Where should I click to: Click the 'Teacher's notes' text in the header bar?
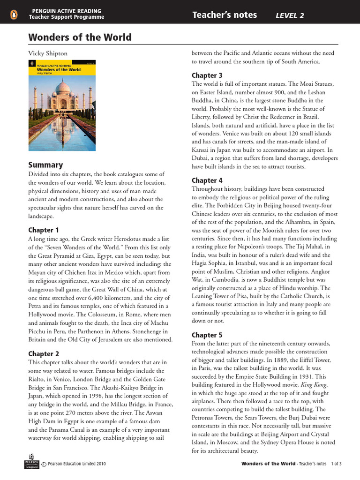tap(225, 15)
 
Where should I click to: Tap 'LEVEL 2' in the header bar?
tap(290, 15)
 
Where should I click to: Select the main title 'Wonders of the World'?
tap(80, 37)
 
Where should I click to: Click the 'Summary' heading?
tap(45, 165)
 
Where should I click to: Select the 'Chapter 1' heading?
tap(44, 230)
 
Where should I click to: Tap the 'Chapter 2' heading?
tap(44, 354)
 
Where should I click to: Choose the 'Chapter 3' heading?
tap(207, 75)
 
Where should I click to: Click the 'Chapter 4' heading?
tap(207, 180)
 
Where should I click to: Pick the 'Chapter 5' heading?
tap(207, 335)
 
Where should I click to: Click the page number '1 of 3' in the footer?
tap(337, 464)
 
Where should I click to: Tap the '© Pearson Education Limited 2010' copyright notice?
tap(74, 464)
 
